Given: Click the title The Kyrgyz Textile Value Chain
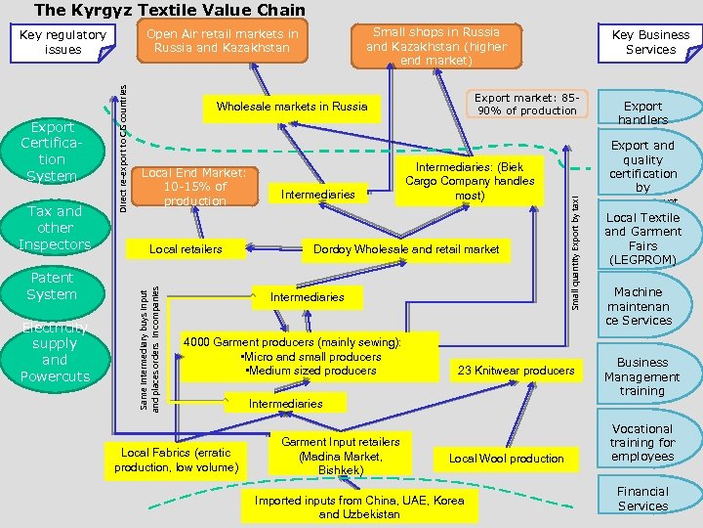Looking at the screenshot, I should [170, 11].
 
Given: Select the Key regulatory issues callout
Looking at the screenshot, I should [63, 42].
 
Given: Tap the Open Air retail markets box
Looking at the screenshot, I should [222, 40].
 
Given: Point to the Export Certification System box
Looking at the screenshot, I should [52, 152].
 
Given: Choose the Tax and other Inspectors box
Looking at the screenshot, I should [55, 227].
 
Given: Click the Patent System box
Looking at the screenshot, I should [52, 286].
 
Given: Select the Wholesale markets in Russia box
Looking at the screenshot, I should [292, 107].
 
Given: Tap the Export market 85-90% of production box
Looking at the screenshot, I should [526, 105].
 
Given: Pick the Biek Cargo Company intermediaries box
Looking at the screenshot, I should [470, 182].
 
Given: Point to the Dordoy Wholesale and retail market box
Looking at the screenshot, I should [405, 249].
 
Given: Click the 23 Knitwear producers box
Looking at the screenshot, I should [516, 371].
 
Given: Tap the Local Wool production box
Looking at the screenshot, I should [507, 459].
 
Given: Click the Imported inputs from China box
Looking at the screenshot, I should [359, 506].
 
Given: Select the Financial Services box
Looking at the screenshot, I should [641, 499].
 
